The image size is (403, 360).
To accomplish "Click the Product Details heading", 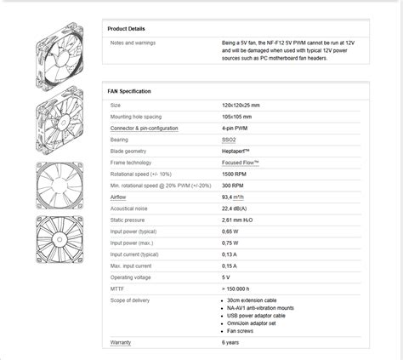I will click(x=128, y=28).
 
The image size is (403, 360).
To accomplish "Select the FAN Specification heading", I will click(x=130, y=90).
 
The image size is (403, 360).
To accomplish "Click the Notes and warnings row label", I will click(x=133, y=43).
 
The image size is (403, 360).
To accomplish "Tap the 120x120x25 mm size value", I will click(x=241, y=106).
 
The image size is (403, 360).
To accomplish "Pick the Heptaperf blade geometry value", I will click(x=235, y=150).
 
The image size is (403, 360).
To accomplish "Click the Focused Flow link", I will click(x=241, y=161).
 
